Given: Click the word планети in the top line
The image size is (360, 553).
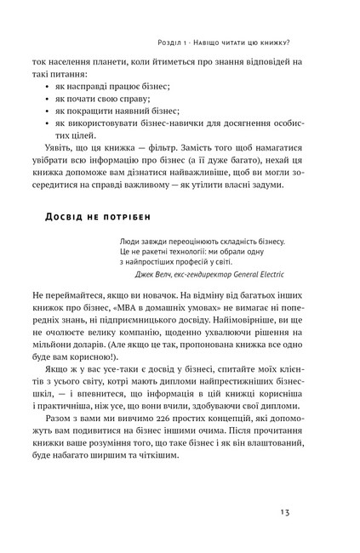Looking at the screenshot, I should (117, 62).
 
